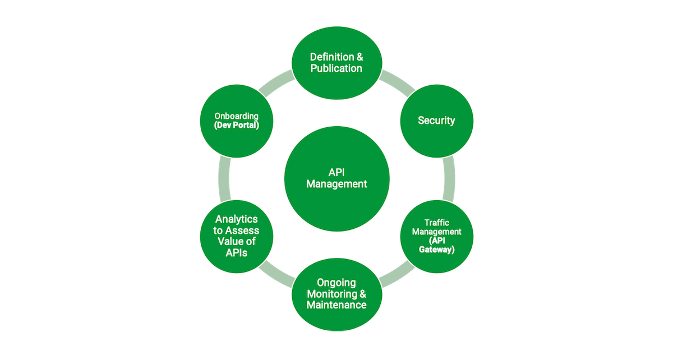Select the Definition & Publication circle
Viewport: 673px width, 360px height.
point(336,62)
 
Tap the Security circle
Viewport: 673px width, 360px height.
point(436,121)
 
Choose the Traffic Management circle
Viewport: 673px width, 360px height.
point(436,236)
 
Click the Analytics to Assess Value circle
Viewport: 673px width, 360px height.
point(236,236)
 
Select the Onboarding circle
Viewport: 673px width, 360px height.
point(236,121)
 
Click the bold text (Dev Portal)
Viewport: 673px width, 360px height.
point(236,126)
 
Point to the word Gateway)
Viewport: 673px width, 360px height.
point(436,250)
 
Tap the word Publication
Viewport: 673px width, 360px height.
point(336,68)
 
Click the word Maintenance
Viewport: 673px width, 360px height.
point(336,305)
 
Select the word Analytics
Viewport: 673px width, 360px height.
point(236,219)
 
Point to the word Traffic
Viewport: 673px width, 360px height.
point(436,223)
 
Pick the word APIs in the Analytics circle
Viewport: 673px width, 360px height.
point(236,253)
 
